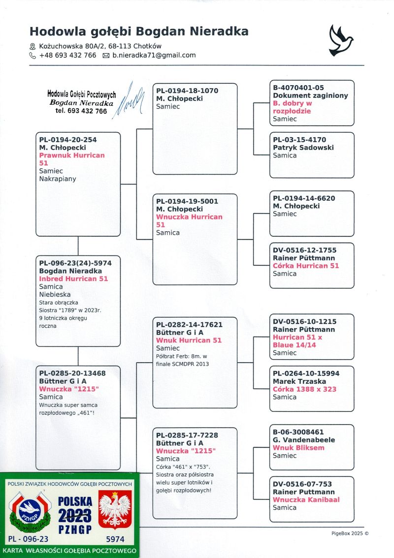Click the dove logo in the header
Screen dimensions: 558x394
(341, 40)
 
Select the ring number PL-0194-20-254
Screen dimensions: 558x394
(68, 140)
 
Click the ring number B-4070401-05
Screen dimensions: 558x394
(298, 88)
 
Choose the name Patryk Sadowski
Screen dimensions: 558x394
(303, 148)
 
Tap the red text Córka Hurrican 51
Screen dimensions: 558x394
(306, 266)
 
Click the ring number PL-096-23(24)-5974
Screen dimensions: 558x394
(75, 263)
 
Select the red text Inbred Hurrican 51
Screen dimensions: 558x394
(73, 279)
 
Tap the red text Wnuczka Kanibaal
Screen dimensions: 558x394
(306, 499)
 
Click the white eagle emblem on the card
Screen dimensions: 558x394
(115, 511)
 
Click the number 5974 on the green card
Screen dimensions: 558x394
(115, 539)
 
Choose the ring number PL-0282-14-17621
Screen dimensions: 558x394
(189, 325)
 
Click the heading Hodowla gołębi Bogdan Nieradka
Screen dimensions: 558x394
(139, 32)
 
